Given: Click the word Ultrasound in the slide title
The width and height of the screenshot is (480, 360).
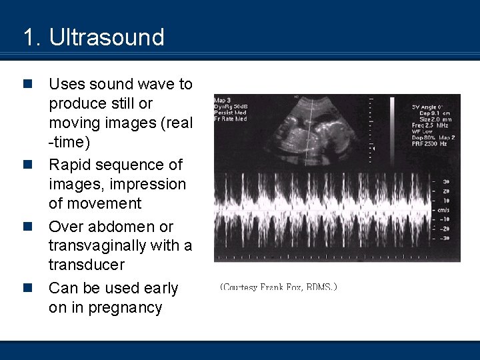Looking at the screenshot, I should (x=107, y=37).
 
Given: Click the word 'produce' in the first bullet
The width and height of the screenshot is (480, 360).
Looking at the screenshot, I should (x=77, y=104).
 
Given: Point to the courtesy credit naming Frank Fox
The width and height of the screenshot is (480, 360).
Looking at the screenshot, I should (x=279, y=287).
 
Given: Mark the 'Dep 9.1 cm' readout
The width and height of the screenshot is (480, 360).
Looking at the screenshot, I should (x=433, y=113).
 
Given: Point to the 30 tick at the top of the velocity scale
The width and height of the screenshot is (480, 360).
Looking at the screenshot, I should (x=445, y=181).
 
